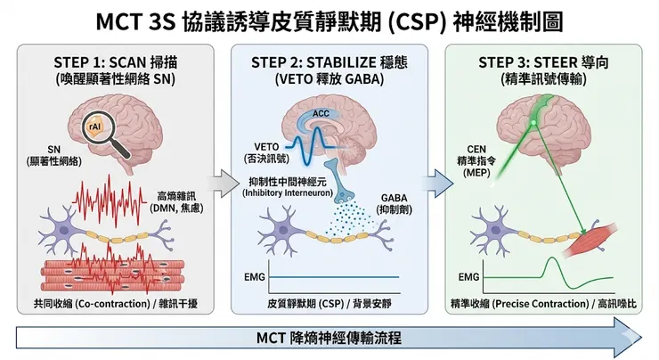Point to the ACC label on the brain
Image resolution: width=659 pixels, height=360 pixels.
(320, 114)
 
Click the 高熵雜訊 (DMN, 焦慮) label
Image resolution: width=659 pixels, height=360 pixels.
(180, 201)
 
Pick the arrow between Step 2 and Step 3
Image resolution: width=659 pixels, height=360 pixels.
(431, 184)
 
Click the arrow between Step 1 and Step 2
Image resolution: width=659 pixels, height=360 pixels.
(216, 184)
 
